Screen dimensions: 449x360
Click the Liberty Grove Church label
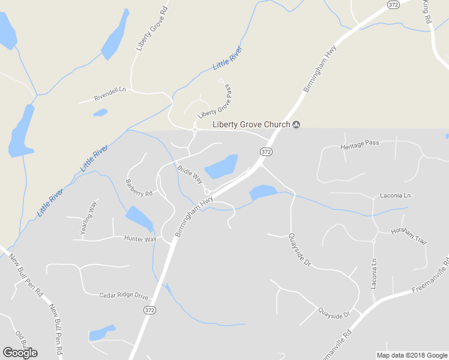(x=252, y=124)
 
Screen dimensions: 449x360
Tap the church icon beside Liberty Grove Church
(x=296, y=124)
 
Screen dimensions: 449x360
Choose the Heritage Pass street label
(x=360, y=145)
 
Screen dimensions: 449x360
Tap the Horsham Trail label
(x=409, y=236)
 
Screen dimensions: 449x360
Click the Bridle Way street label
(x=190, y=171)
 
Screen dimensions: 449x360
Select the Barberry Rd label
(x=139, y=188)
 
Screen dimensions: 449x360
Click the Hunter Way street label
(x=140, y=239)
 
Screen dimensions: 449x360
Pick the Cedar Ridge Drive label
(x=124, y=295)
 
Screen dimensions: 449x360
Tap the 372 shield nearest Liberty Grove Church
(x=267, y=152)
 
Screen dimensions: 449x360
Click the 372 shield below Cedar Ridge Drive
(x=149, y=310)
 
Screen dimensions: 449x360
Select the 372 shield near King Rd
(x=393, y=5)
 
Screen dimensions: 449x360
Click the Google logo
(x=20, y=352)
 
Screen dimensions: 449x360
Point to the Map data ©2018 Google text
(x=411, y=355)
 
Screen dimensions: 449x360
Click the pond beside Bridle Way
(x=221, y=167)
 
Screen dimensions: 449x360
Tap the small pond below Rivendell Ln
(x=100, y=112)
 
